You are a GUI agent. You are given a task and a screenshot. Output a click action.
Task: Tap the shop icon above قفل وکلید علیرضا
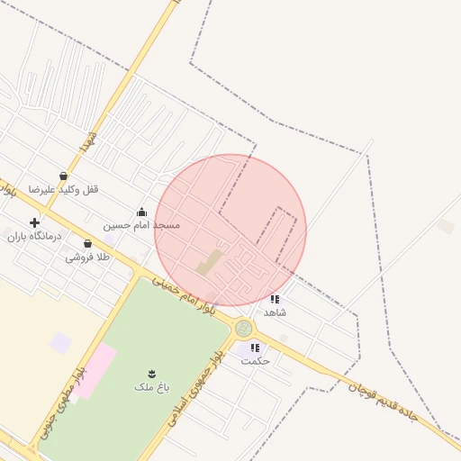tap(63, 176)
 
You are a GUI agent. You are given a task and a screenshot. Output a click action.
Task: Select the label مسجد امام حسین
tap(141, 225)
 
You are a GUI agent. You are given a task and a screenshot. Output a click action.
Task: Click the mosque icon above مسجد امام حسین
tap(141, 212)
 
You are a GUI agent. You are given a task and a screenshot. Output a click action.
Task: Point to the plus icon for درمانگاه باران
tap(34, 222)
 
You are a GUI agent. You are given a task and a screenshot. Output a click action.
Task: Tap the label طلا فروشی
tap(86, 258)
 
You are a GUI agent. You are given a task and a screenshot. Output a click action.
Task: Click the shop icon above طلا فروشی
tap(87, 244)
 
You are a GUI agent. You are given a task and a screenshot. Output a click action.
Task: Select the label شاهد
tap(275, 312)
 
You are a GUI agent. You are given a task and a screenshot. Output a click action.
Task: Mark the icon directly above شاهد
tap(275, 299)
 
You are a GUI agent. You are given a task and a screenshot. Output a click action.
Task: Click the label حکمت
tap(255, 360)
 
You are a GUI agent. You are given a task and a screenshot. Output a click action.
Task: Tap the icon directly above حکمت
tap(255, 348)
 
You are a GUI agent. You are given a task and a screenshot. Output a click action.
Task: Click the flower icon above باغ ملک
tap(151, 373)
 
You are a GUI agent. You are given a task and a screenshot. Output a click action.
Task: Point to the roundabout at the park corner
tap(243, 329)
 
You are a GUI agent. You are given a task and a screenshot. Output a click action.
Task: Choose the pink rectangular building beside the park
tap(94, 368)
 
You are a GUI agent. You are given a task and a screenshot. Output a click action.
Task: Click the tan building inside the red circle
tap(210, 263)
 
